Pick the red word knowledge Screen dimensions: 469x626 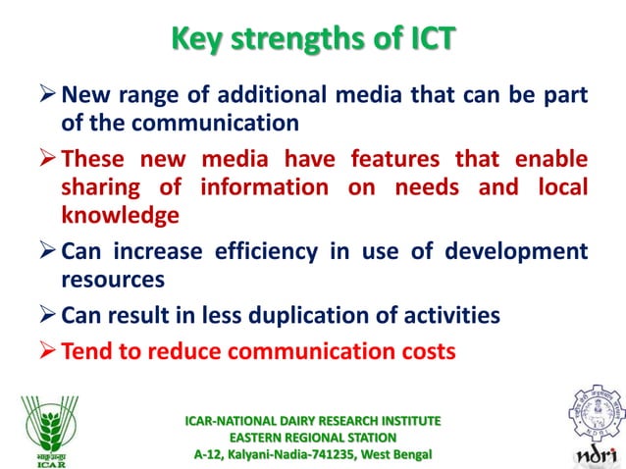(121, 216)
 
